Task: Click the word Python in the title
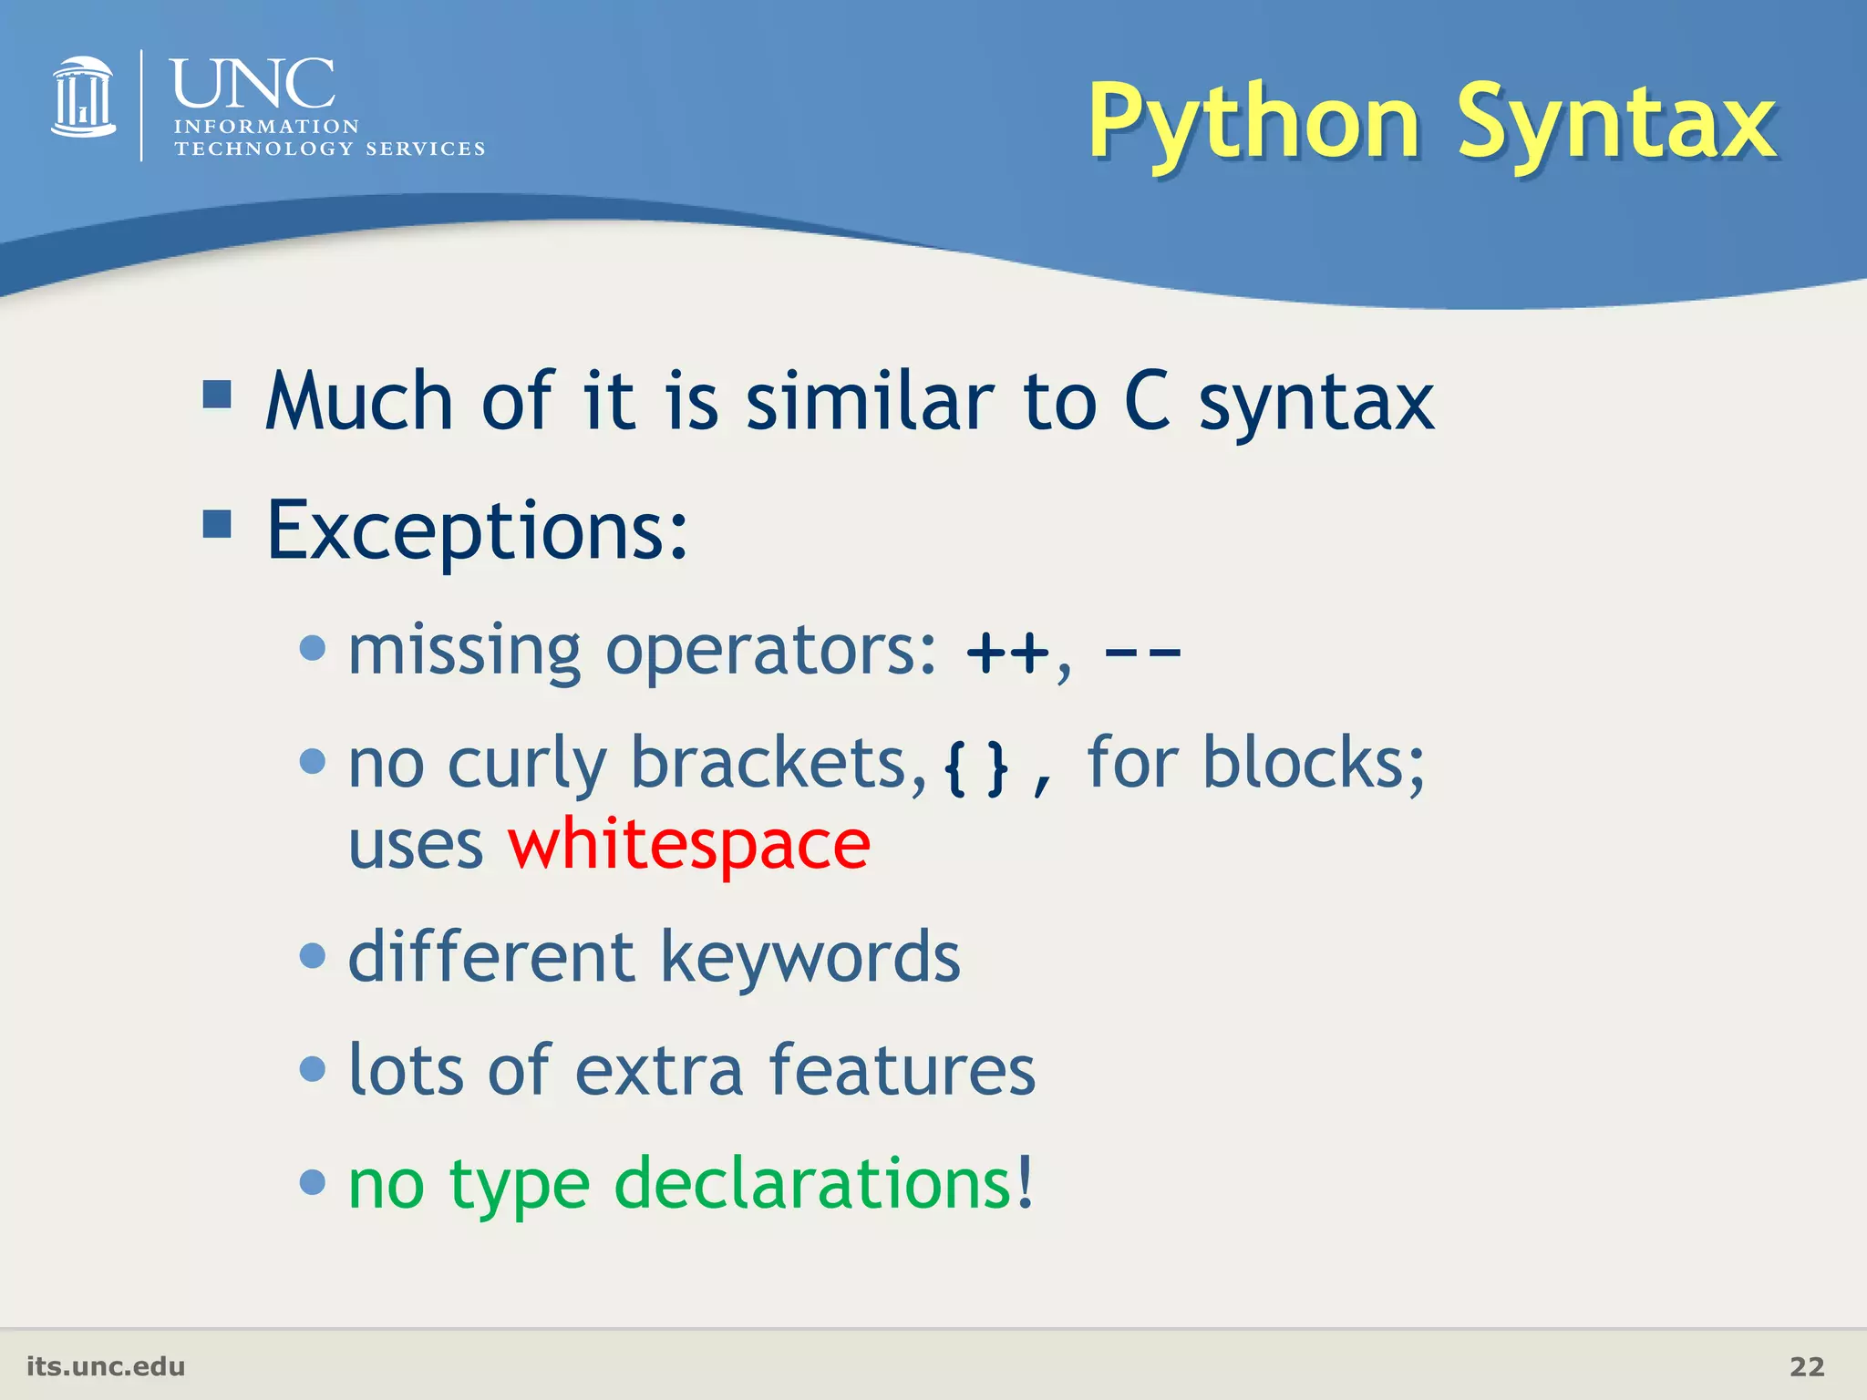point(1253,123)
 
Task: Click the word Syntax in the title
point(1616,123)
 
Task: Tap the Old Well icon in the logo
point(83,98)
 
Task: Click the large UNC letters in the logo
point(253,84)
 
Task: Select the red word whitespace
point(688,845)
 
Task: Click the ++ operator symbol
point(1007,653)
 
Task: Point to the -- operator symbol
point(1142,653)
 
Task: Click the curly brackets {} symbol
point(976,768)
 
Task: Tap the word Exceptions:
point(477,530)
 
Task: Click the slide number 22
point(1806,1366)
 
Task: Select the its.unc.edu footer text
point(106,1366)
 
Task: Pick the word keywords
point(810,957)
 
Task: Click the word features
point(902,1070)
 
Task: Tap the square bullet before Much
point(217,395)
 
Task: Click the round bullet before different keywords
point(313,956)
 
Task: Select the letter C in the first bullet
point(1147,402)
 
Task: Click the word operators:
point(770,651)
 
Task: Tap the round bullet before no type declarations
point(313,1182)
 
